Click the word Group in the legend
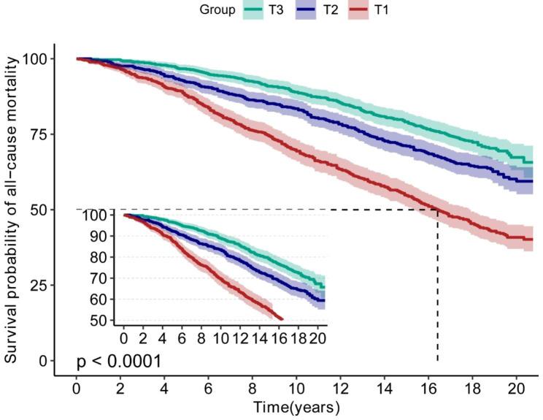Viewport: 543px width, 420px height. click(217, 10)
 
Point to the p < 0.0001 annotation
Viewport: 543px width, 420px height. click(119, 361)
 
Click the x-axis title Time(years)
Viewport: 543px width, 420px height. click(296, 406)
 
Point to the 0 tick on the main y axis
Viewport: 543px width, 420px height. click(44, 361)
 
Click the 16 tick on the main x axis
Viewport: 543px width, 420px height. click(428, 388)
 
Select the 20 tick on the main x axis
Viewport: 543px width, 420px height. click(517, 388)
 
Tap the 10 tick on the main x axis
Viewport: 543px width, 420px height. click(296, 388)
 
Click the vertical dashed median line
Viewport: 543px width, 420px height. click(438, 292)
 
